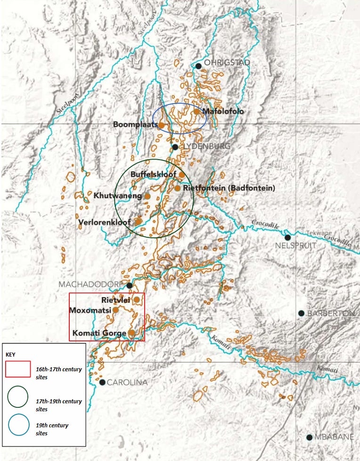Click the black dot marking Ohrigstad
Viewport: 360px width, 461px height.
199,66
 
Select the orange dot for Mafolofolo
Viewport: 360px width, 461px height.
196,112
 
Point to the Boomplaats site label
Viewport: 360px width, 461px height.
135,125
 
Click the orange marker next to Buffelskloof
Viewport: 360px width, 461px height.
181,174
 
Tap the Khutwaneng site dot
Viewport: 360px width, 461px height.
147,196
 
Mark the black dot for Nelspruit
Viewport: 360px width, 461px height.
287,237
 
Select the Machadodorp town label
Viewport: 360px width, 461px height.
90,285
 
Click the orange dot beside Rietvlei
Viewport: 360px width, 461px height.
137,299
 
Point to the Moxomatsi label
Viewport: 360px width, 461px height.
90,310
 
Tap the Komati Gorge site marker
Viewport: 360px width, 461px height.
131,332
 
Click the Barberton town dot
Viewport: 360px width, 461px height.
301,313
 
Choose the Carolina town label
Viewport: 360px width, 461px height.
127,382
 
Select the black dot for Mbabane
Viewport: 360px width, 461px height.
309,437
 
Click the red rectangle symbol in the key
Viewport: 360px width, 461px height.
18,369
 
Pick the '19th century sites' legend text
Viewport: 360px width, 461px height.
52,429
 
